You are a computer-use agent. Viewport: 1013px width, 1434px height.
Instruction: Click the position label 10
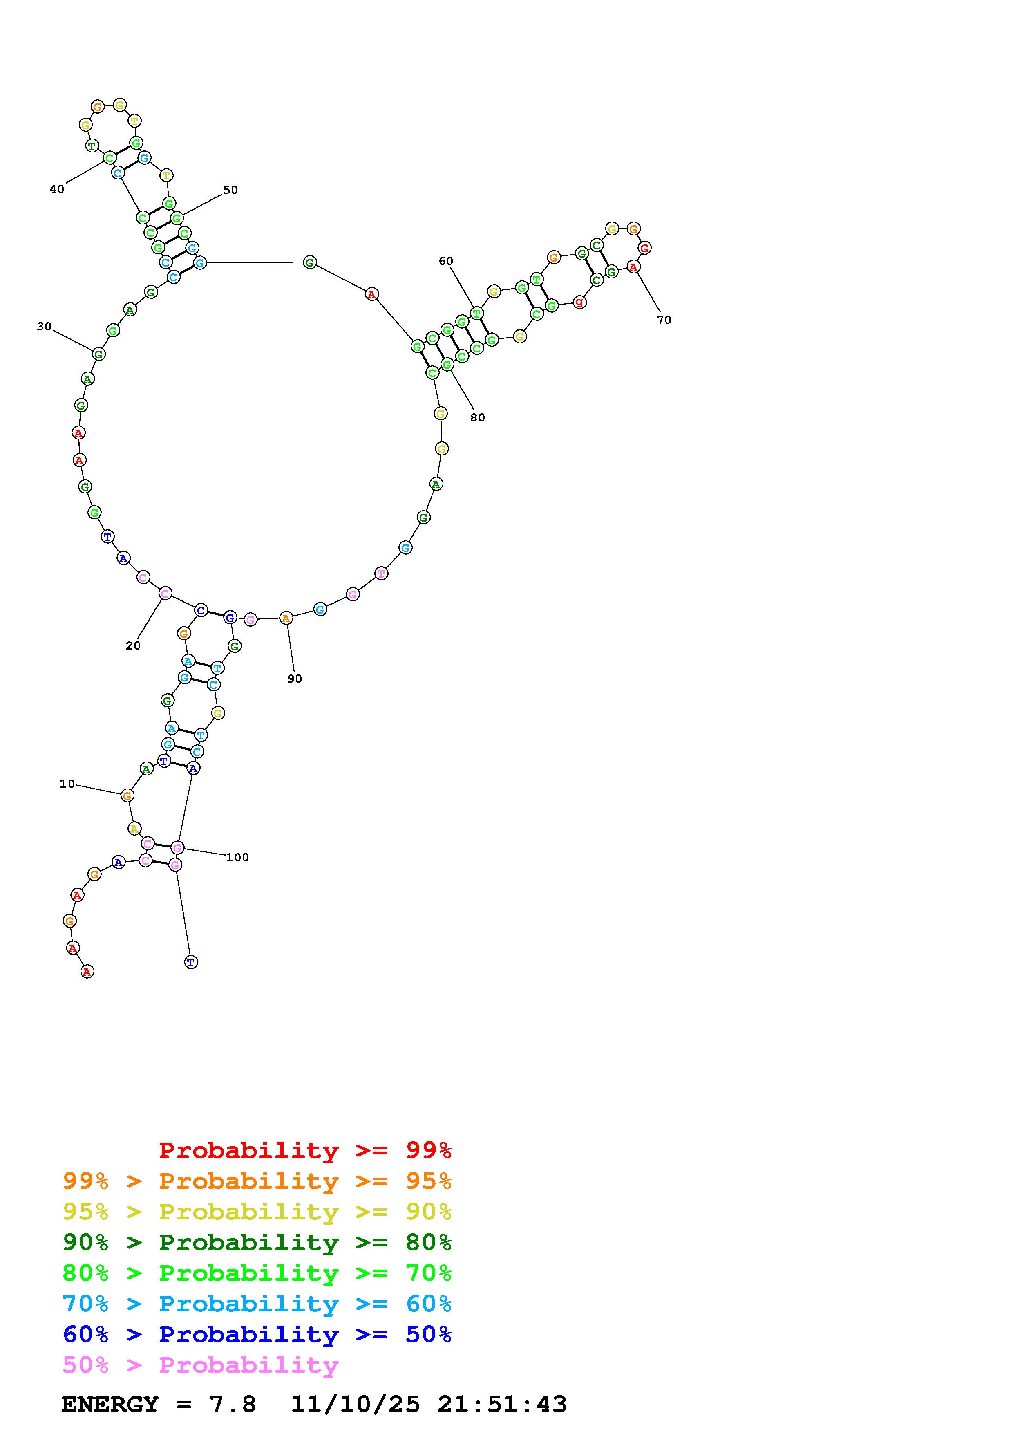coord(67,784)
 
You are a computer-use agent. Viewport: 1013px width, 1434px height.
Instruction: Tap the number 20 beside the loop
coord(133,646)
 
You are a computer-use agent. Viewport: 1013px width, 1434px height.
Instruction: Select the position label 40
coord(57,189)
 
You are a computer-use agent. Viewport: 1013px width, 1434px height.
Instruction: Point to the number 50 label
coord(230,190)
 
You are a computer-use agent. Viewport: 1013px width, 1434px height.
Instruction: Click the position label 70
coord(664,320)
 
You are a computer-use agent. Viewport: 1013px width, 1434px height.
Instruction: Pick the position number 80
coord(477,418)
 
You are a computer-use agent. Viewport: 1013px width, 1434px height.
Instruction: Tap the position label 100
coord(237,858)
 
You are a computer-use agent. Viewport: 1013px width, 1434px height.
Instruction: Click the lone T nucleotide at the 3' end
coord(191,962)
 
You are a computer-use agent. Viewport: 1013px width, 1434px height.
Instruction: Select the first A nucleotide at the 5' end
coord(87,971)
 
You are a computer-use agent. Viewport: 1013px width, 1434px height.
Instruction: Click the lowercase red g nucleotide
coord(579,302)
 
